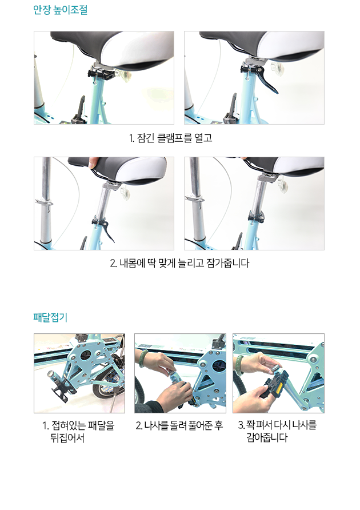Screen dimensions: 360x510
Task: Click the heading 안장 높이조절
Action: pyautogui.click(x=60, y=10)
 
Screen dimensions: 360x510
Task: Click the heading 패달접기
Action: pyautogui.click(x=50, y=317)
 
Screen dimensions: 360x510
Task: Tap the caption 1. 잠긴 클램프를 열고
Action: pyautogui.click(x=170, y=138)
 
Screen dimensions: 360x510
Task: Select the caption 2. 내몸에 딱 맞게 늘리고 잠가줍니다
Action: pyautogui.click(x=179, y=263)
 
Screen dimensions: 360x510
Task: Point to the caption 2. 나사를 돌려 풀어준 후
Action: pyautogui.click(x=179, y=425)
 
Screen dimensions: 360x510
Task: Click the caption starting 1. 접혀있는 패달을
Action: pyautogui.click(x=78, y=432)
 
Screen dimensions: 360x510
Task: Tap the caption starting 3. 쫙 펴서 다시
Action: pyautogui.click(x=277, y=431)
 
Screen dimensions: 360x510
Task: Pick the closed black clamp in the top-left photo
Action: pyautogui.click(x=101, y=74)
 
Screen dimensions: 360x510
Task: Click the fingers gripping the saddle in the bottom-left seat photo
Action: pyautogui.click(x=94, y=162)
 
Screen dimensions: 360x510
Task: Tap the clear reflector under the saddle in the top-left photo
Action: pyautogui.click(x=125, y=75)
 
